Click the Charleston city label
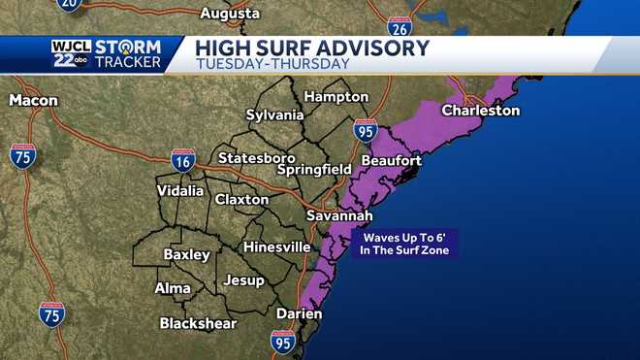point(480,111)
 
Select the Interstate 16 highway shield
point(183,160)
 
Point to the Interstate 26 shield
point(399,27)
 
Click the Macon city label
point(34,100)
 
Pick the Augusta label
point(230,14)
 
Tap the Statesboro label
point(256,157)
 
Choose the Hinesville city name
point(276,247)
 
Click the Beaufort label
point(391,160)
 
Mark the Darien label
point(300,313)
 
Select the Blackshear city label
point(198,323)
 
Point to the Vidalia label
point(180,191)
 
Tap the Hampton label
point(336,97)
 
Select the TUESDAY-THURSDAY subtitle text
point(272,64)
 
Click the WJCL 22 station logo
point(71,54)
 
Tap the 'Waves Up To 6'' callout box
point(406,244)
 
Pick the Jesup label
point(243,280)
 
